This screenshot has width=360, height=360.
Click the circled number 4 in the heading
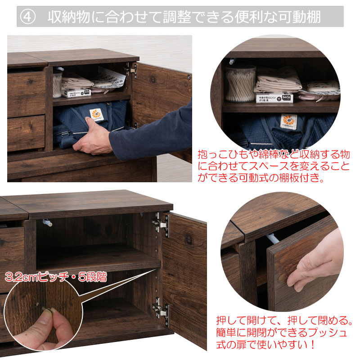[x=27, y=17]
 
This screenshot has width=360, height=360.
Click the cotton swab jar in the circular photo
[x=240, y=84]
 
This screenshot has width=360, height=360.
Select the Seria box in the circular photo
[x=274, y=98]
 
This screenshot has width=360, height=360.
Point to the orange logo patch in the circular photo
[x=288, y=121]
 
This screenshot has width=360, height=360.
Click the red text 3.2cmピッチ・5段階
[x=56, y=277]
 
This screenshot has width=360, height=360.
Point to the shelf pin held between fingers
[x=49, y=310]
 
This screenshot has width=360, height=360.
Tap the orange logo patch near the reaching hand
[x=96, y=115]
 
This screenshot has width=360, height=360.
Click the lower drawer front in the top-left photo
[x=26, y=133]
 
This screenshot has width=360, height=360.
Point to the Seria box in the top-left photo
[x=76, y=93]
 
